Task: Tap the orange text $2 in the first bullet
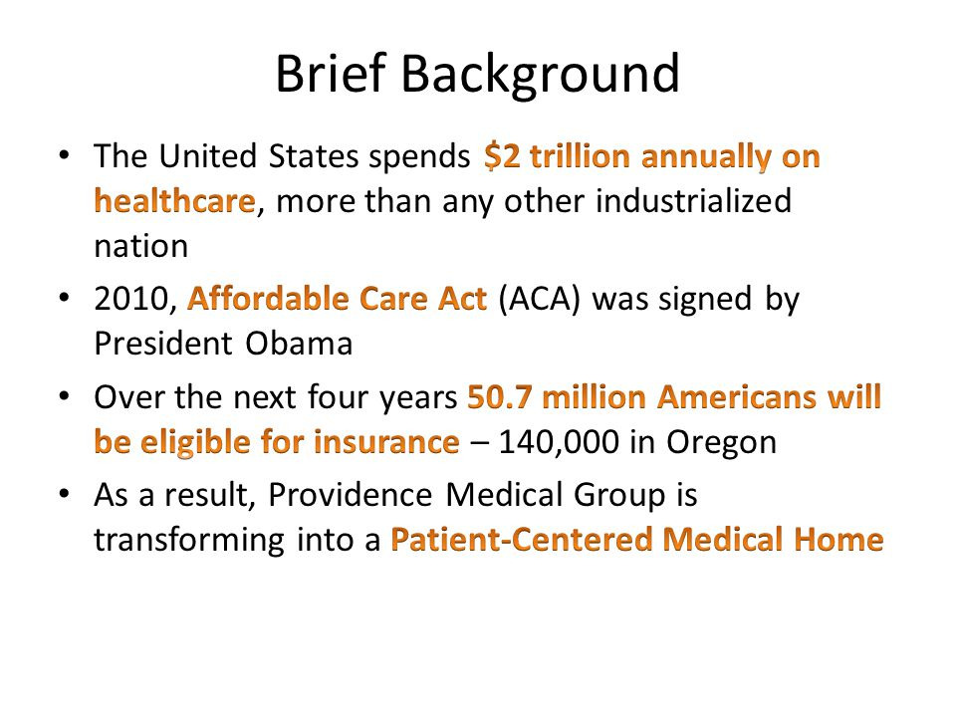click(x=502, y=156)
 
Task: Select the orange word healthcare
click(x=174, y=201)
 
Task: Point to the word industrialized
click(x=693, y=201)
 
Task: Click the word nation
click(x=140, y=247)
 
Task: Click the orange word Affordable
click(x=269, y=299)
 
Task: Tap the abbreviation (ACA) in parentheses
click(x=539, y=300)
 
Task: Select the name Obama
click(x=299, y=344)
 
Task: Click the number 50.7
click(x=500, y=397)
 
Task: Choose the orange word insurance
click(x=386, y=442)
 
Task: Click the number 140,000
click(x=559, y=443)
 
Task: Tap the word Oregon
click(x=721, y=443)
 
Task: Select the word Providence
click(x=351, y=495)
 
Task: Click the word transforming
click(x=189, y=541)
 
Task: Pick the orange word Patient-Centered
click(x=522, y=540)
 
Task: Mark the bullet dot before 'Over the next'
click(x=64, y=396)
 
